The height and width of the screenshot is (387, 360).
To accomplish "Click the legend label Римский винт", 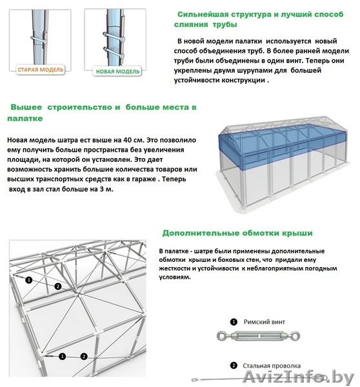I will click(265, 321).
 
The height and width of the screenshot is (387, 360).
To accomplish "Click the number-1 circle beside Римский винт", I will click(234, 321).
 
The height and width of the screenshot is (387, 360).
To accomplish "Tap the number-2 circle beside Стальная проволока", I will click(234, 364).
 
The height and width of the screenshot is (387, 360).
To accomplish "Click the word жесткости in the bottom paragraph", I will click(175, 267).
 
